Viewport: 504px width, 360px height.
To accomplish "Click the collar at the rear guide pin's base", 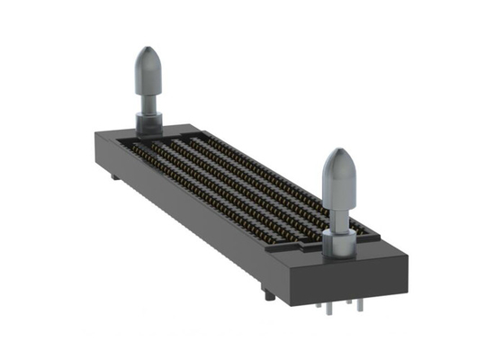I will [x=147, y=119].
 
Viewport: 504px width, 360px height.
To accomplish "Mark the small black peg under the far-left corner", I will [x=113, y=177].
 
